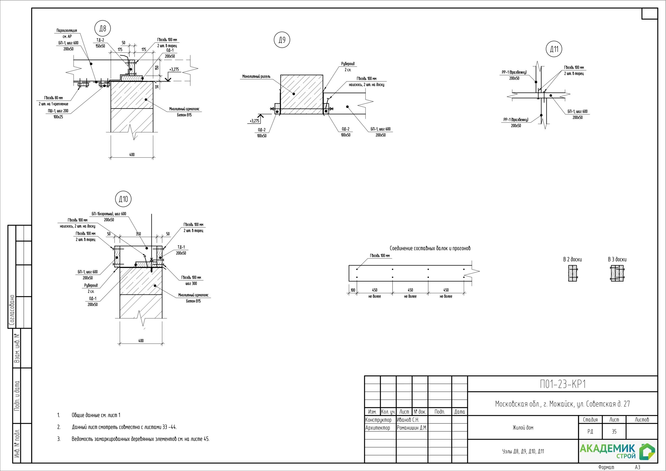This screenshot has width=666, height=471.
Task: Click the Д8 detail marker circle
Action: pyautogui.click(x=103, y=28)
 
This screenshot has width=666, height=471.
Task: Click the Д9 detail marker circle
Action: pyautogui.click(x=282, y=40)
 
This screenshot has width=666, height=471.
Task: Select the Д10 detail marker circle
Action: pyautogui.click(x=123, y=199)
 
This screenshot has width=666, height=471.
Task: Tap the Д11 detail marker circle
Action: pyautogui.click(x=554, y=49)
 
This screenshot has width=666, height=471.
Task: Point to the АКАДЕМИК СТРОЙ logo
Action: pyautogui.click(x=618, y=451)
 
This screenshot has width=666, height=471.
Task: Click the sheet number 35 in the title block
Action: pyautogui.click(x=614, y=431)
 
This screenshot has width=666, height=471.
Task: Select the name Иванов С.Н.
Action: pyautogui.click(x=408, y=420)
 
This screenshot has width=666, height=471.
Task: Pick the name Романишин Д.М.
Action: pyautogui.click(x=412, y=428)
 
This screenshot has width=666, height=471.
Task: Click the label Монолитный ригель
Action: pyautogui.click(x=257, y=77)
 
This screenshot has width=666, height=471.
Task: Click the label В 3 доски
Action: pyautogui.click(x=617, y=259)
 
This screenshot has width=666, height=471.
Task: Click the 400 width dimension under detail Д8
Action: pyautogui.click(x=132, y=155)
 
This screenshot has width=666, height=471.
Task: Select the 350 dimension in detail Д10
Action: pyautogui.click(x=138, y=234)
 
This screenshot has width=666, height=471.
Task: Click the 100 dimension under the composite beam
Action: pyautogui.click(x=353, y=290)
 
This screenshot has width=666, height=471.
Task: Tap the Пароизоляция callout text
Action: pyautogui.click(x=67, y=30)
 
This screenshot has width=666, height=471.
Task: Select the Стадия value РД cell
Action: pyautogui.click(x=590, y=431)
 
